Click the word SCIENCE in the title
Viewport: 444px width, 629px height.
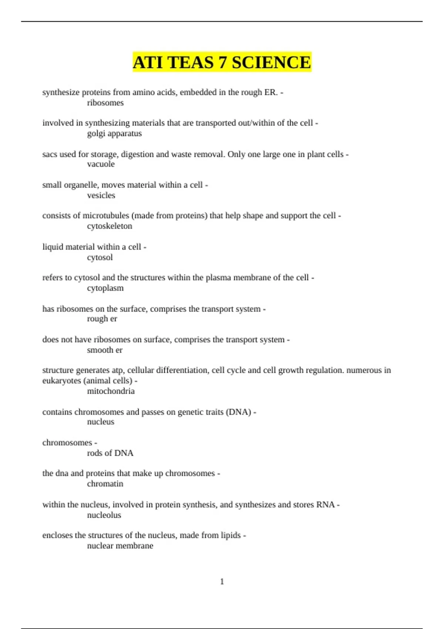271,62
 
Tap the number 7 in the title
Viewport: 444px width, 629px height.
222,62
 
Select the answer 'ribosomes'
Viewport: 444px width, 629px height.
105,103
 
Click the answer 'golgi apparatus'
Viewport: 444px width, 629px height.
114,134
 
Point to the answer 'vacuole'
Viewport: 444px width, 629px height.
101,164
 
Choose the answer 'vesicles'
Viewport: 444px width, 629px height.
101,195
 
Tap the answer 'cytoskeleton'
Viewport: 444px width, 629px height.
110,226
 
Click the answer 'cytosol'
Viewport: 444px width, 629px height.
100,258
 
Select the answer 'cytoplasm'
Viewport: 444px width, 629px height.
105,288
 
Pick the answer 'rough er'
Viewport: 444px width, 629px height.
102,319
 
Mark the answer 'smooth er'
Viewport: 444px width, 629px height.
104,350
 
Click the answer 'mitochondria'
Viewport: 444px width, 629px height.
111,391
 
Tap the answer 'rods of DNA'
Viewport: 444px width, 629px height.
110,453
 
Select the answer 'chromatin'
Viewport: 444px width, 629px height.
105,484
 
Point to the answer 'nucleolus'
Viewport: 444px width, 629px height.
104,515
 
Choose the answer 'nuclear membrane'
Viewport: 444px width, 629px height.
120,546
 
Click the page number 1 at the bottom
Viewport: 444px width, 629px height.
222,582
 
